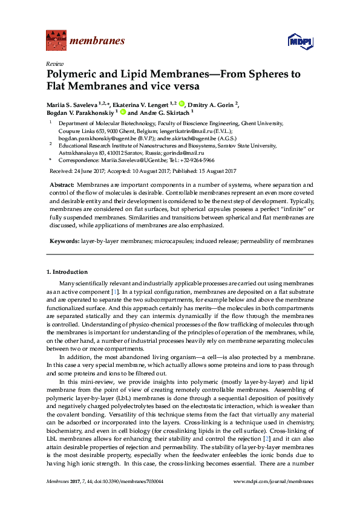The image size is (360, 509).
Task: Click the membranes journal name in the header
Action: point(97,41)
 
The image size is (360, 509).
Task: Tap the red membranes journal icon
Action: point(56,41)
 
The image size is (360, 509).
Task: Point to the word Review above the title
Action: point(54,63)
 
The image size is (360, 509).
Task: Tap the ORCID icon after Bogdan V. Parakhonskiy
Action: point(122,112)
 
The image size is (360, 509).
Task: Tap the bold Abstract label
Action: point(62,184)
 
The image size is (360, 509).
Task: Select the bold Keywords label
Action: point(64,241)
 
